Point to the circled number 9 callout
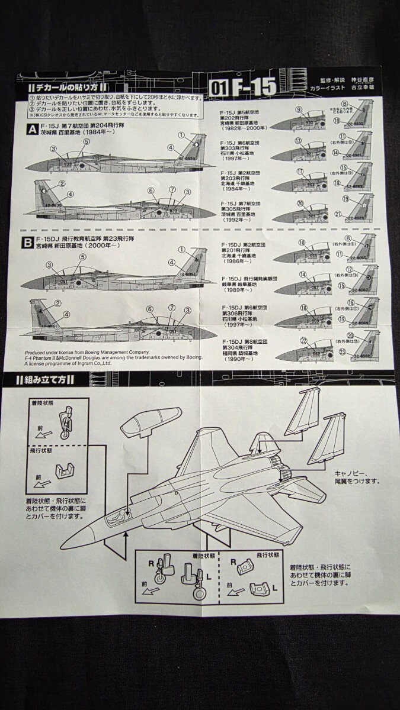[x=299, y=109]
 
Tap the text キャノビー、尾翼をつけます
[x=354, y=477]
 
